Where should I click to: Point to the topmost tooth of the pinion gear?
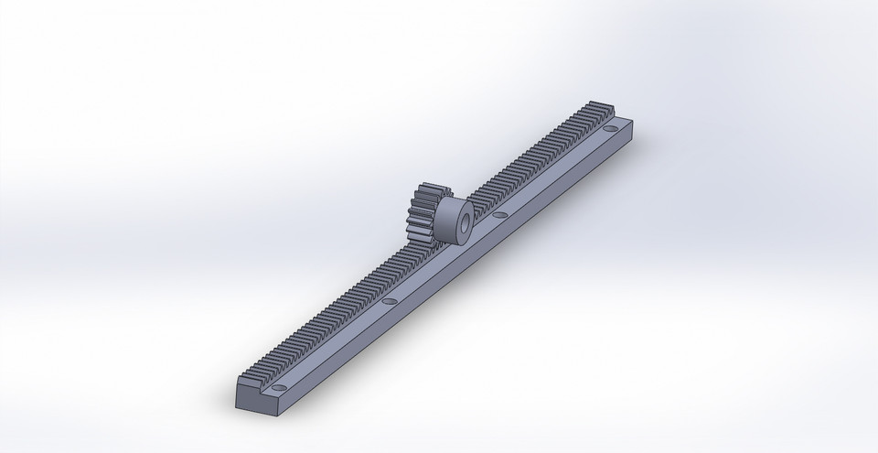[425, 183]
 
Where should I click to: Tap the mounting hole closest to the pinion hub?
[499, 216]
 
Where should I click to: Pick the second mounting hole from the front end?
[390, 299]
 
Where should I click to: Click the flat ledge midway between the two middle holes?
[444, 258]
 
